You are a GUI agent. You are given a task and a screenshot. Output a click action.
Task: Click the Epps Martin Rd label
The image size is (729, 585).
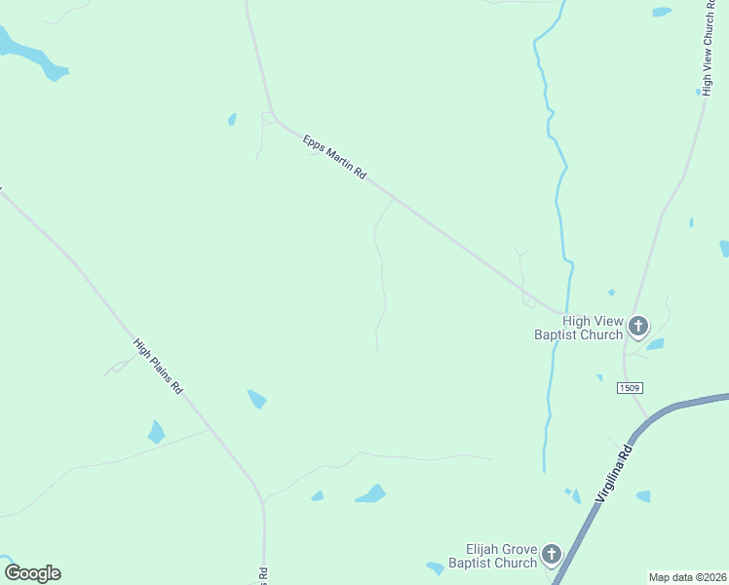334,158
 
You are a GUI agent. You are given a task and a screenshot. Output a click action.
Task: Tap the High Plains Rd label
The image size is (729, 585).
159,366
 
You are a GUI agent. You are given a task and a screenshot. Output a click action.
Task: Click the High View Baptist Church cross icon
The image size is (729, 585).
638,326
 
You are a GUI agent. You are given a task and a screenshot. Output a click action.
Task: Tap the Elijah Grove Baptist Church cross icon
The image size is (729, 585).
552,556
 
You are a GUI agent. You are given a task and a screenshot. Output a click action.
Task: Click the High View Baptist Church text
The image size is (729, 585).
579,328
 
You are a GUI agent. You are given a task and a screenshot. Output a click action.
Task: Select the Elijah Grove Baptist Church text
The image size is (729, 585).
493,556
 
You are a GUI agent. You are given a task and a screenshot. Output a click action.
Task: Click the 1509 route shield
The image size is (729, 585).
630,388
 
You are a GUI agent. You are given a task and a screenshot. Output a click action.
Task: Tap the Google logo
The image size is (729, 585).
32,573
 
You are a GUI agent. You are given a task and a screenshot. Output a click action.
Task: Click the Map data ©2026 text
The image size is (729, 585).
687,577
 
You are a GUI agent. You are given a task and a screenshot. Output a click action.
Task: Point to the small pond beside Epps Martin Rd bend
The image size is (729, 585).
232,119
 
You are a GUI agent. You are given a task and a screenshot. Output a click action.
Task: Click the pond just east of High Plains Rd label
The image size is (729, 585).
257,399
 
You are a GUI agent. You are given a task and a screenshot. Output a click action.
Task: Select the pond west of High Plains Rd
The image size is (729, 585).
156,432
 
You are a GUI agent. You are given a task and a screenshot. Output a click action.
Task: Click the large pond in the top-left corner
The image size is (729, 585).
29,54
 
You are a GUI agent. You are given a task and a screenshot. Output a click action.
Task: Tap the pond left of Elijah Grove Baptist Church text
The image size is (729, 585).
436,567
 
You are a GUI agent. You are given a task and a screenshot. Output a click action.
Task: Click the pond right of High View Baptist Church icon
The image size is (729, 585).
655,343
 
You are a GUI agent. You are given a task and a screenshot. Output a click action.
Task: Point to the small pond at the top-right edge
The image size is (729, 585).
662,12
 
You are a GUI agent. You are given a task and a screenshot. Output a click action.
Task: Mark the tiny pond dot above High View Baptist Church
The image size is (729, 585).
611,292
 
